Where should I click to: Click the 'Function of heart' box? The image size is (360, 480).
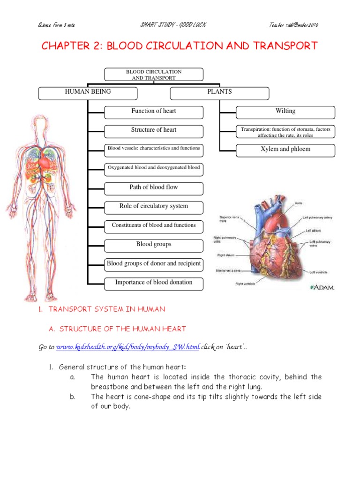click(x=153, y=112)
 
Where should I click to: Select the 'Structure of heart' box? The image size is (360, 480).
click(x=153, y=130)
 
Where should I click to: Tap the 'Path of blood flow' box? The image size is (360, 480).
click(x=153, y=187)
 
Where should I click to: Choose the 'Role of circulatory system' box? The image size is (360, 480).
click(x=153, y=206)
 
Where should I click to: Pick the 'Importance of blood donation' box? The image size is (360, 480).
click(x=153, y=283)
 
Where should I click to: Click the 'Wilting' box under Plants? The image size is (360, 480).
click(x=285, y=112)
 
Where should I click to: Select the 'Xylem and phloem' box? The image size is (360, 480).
click(x=285, y=150)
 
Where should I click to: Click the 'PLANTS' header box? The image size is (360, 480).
click(x=219, y=92)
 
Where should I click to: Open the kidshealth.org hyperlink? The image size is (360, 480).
click(x=128, y=347)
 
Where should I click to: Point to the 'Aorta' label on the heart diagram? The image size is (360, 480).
click(x=299, y=203)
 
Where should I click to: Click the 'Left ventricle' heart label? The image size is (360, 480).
click(x=318, y=272)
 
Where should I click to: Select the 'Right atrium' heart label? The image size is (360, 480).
click(x=225, y=255)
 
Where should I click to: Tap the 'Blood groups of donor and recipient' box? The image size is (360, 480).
click(x=153, y=263)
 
